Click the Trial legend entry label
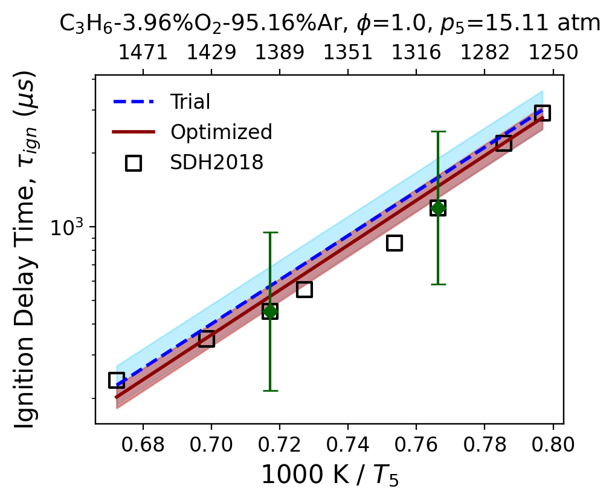[190, 102]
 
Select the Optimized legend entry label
[221, 132]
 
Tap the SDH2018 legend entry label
[217, 161]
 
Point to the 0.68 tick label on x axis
[143, 444]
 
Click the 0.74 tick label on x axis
[348, 444]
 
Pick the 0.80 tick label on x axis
[553, 444]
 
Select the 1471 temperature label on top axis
[143, 53]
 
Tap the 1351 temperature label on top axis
[348, 53]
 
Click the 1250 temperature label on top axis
[553, 53]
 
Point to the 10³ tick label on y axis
[67, 227]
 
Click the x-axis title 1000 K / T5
[330, 475]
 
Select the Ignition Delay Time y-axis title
[26, 250]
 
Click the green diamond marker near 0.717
[269, 311]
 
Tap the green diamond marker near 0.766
[438, 208]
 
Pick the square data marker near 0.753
[395, 243]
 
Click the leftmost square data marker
[117, 380]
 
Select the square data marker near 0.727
[304, 290]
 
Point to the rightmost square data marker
[543, 113]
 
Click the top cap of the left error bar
[269, 232]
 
